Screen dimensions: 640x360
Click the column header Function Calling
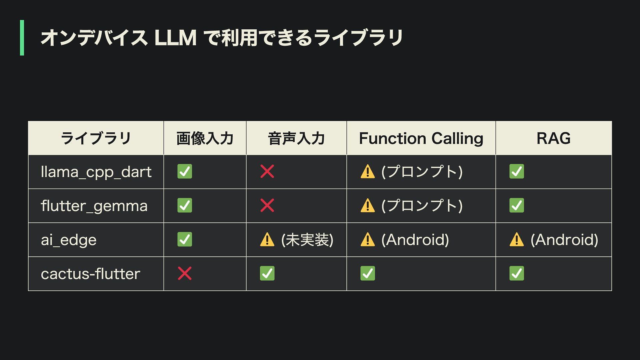pos(421,138)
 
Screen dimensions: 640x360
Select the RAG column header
pos(553,138)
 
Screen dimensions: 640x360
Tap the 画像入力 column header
pos(205,138)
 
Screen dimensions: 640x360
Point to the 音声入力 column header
pos(296,138)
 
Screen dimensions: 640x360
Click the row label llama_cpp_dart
pos(96,172)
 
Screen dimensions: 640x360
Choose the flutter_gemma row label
pos(94,206)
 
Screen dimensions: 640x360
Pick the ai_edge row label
pos(69,240)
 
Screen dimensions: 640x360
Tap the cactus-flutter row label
pos(90,274)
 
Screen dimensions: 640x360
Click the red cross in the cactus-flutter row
pos(185,274)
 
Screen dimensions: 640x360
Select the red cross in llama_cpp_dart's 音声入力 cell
pos(267,172)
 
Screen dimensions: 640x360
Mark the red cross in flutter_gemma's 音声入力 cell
pos(267,206)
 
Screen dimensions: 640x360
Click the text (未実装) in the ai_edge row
pos(307,240)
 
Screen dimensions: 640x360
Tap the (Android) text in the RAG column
pos(564,240)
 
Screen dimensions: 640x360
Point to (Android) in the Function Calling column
pos(415,240)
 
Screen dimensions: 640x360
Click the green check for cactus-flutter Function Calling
pos(368,274)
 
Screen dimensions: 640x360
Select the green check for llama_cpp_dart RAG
pos(517,172)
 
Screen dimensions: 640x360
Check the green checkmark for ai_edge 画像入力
pos(185,240)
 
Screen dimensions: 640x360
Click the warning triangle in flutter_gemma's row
pos(368,206)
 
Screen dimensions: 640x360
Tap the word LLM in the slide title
pos(175,38)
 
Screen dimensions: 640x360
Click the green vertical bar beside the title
pos(22,38)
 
